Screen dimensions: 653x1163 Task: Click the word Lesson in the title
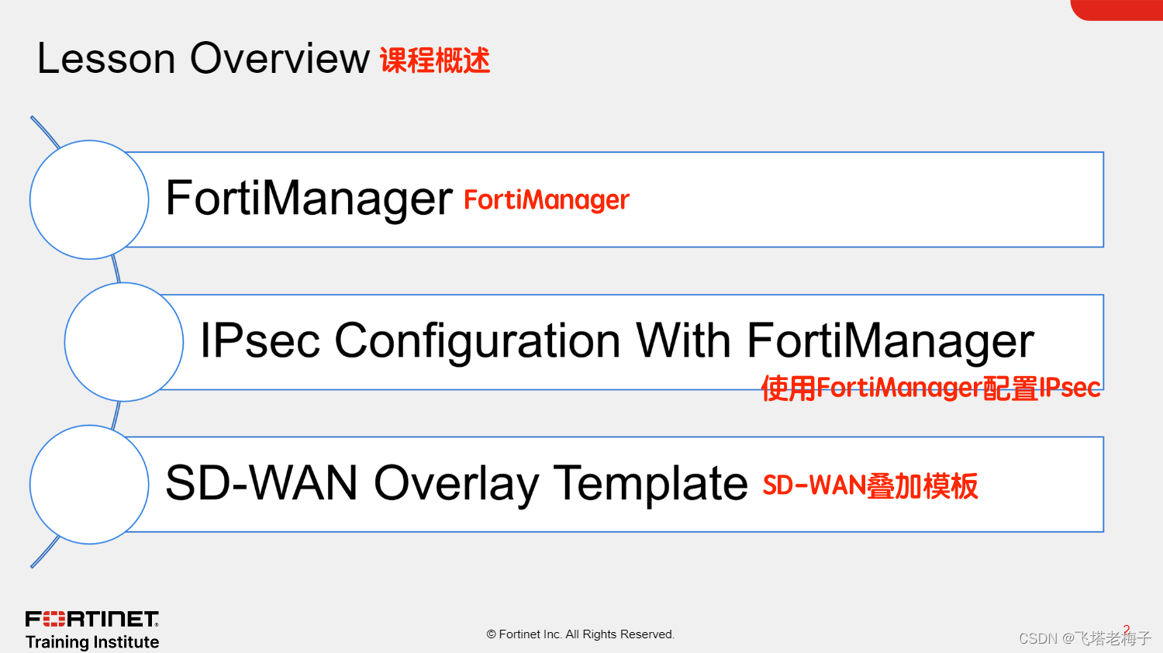pos(106,59)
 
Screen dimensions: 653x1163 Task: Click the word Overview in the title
pos(280,59)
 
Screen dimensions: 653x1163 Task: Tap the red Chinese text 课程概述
pos(435,60)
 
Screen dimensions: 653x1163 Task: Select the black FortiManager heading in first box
pos(309,199)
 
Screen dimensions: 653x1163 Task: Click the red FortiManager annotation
pos(547,200)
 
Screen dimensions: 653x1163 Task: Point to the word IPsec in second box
pos(260,341)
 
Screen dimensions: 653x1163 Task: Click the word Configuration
pos(478,341)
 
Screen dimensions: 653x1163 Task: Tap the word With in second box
pos(683,341)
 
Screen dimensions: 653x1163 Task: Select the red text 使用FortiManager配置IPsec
pos(930,388)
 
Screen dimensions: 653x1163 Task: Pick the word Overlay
pos(457,483)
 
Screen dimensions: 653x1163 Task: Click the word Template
pos(651,483)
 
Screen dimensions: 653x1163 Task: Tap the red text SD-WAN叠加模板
pos(870,486)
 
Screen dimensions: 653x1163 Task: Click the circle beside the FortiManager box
pos(89,200)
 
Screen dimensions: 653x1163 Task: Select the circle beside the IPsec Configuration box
pos(124,342)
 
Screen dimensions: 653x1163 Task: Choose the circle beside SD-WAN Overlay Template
pos(89,485)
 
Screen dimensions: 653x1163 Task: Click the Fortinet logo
pos(92,619)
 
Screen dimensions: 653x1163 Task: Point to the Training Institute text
pos(92,642)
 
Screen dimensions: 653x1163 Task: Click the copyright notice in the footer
pos(581,634)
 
